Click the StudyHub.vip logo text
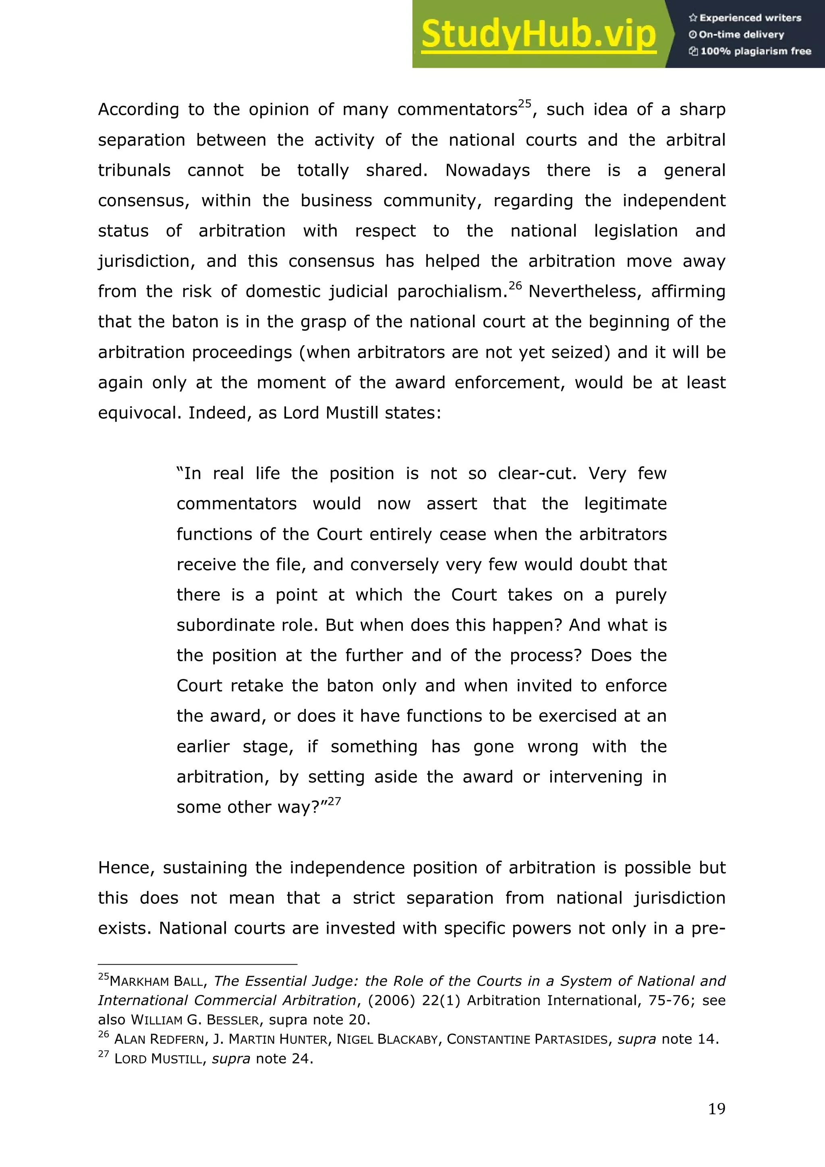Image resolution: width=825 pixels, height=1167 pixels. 539,35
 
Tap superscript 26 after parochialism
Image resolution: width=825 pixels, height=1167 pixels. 515,286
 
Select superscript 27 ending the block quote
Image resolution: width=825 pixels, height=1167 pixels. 334,802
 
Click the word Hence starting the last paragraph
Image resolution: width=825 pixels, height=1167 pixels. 125,868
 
